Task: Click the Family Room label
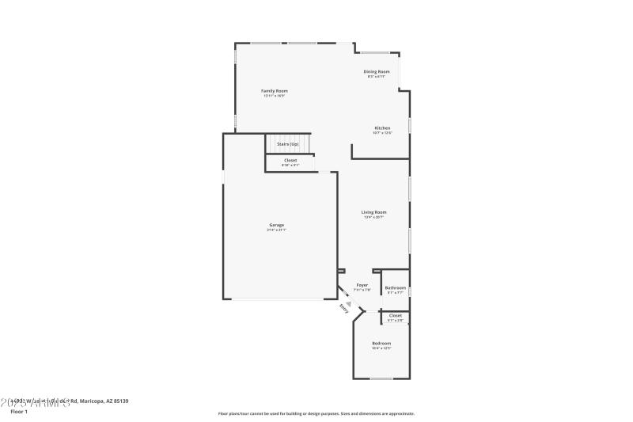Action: (x=275, y=91)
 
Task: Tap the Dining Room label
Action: (x=377, y=71)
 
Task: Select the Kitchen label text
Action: (x=382, y=127)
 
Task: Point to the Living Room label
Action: (x=374, y=212)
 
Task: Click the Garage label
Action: (x=276, y=225)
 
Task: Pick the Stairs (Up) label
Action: (x=287, y=144)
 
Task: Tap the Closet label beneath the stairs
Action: (x=290, y=160)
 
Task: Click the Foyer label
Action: (x=362, y=284)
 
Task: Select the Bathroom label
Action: (x=396, y=287)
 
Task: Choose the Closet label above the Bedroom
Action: (x=396, y=315)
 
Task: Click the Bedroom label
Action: (x=381, y=343)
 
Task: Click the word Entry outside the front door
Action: (x=343, y=309)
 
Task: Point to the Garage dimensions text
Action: (x=276, y=230)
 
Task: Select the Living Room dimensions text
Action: (x=374, y=218)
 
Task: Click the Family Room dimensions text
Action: (x=275, y=97)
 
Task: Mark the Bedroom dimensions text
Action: (x=381, y=348)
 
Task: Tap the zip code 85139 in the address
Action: (x=119, y=401)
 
